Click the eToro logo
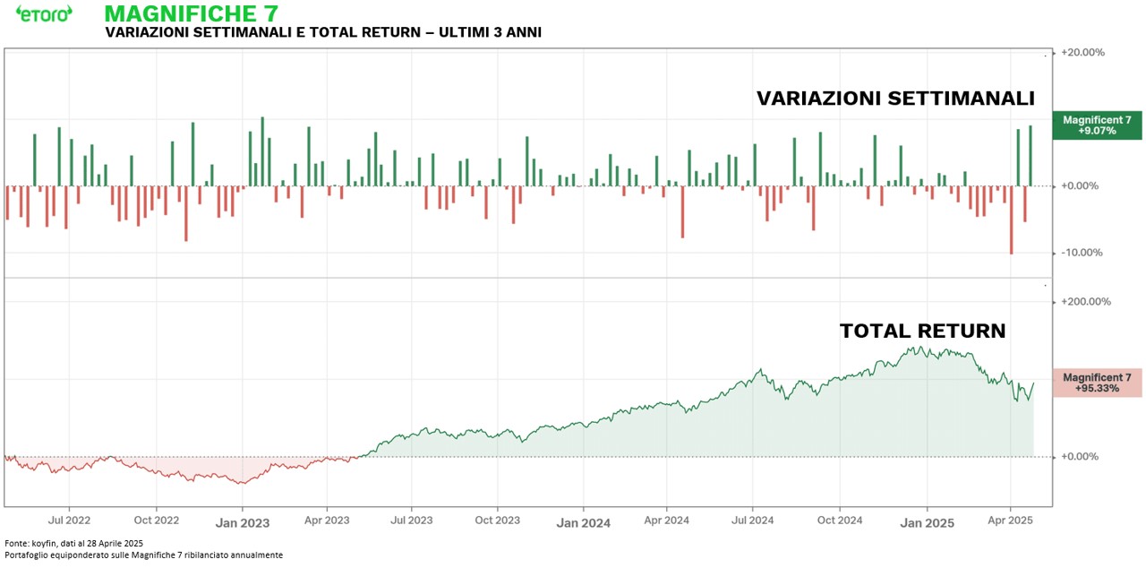click(x=44, y=13)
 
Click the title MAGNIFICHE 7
click(x=191, y=13)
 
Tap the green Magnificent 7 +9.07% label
click(x=1098, y=125)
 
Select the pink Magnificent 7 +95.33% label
click(x=1098, y=383)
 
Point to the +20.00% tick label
click(x=1082, y=52)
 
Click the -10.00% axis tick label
click(x=1082, y=253)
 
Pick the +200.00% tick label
click(x=1085, y=302)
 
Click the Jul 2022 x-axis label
click(x=69, y=520)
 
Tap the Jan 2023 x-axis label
click(x=242, y=521)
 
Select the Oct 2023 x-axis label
click(x=497, y=520)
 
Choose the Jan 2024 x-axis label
click(x=583, y=521)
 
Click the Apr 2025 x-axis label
click(x=1010, y=520)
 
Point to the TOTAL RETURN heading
click(x=922, y=331)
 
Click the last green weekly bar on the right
click(x=1031, y=156)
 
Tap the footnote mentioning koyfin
click(x=73, y=543)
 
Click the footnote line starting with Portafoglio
click(x=143, y=555)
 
